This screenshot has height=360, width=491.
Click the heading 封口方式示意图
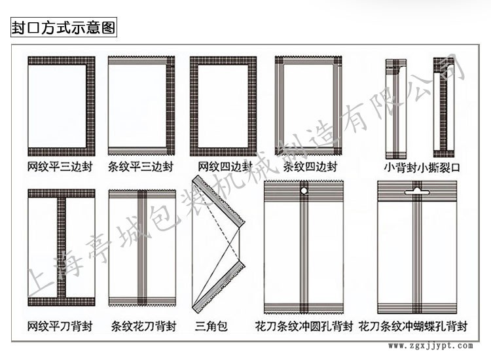(64, 29)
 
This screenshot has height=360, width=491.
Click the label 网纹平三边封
(60, 167)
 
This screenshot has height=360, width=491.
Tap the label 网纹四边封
(222, 167)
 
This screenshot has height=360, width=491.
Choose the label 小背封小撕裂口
(422, 168)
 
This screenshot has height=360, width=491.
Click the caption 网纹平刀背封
(60, 325)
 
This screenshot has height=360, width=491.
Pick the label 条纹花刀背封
(142, 325)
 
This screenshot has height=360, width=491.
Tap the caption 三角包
(211, 325)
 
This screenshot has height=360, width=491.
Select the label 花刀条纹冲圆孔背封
(304, 325)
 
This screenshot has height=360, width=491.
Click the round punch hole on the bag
(304, 191)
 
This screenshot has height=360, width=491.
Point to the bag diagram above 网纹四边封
(223, 106)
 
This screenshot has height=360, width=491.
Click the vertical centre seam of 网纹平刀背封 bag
(61, 249)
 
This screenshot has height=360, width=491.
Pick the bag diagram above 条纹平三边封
(141, 106)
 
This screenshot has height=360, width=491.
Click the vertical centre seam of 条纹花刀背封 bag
(142, 249)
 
